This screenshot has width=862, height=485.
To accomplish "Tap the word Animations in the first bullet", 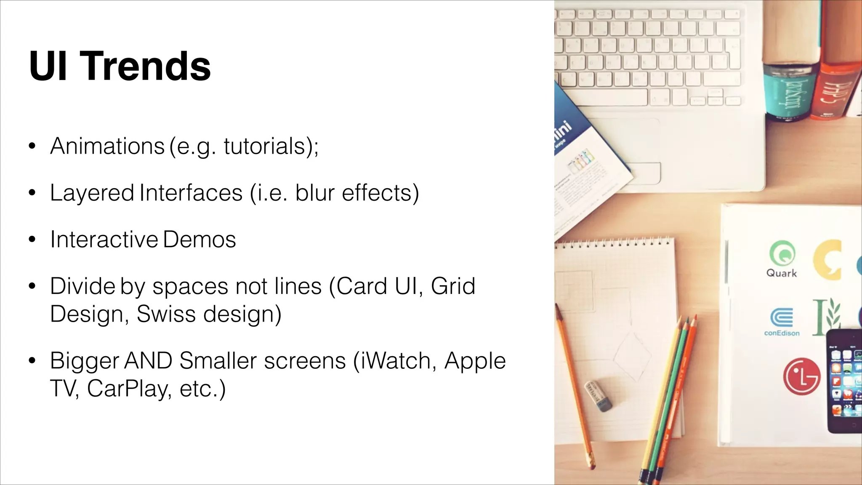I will [x=107, y=146].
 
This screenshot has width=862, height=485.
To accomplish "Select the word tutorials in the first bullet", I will [x=264, y=146].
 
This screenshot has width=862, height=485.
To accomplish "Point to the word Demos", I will [x=199, y=240].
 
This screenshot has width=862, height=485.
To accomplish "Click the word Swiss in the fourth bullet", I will [x=166, y=314].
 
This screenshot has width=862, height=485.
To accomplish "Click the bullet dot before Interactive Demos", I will [x=32, y=240].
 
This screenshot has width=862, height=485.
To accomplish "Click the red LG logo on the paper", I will [x=801, y=376].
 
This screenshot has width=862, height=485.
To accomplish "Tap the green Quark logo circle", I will [x=782, y=253].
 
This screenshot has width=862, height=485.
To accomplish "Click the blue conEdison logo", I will [x=782, y=318].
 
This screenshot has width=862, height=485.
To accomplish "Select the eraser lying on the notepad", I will [x=599, y=396].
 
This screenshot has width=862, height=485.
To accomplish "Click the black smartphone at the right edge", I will [x=844, y=381].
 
